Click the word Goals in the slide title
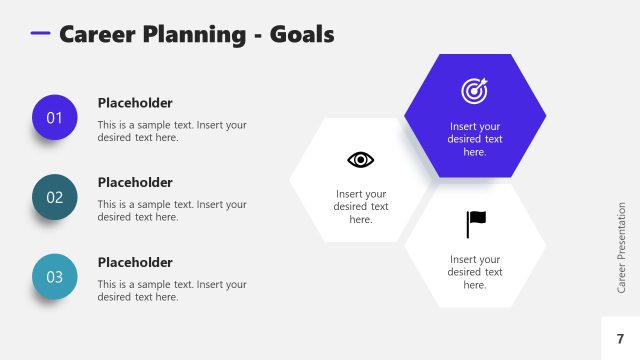point(302,34)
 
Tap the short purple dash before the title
point(40,33)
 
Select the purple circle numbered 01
point(55,118)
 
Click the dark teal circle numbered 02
point(55,197)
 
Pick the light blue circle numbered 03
point(55,277)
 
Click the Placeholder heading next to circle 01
point(135,103)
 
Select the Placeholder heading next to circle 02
point(135,183)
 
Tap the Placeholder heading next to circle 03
point(135,263)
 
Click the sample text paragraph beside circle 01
point(171,131)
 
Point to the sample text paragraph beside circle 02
point(171,211)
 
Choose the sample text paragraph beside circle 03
point(171,291)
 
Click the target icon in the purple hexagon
point(474,91)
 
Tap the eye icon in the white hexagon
point(360,159)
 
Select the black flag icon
point(476,224)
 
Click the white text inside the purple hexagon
point(474,139)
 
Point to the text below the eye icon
point(360,206)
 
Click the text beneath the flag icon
point(474,272)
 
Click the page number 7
point(620,339)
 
